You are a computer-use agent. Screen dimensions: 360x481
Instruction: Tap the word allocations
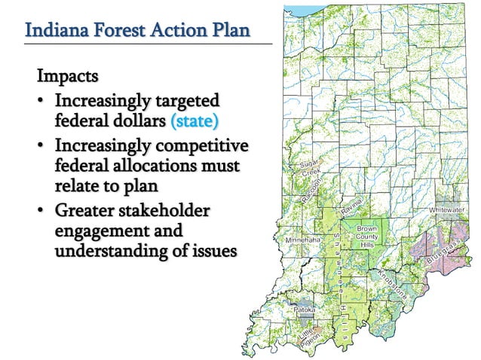point(159,163)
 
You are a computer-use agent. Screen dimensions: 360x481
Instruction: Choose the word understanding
point(115,250)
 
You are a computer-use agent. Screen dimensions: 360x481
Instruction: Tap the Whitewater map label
point(447,209)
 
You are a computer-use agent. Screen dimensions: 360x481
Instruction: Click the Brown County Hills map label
point(367,236)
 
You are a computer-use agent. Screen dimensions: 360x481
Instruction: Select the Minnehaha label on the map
point(302,239)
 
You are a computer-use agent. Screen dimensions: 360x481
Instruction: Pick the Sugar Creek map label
point(308,168)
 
